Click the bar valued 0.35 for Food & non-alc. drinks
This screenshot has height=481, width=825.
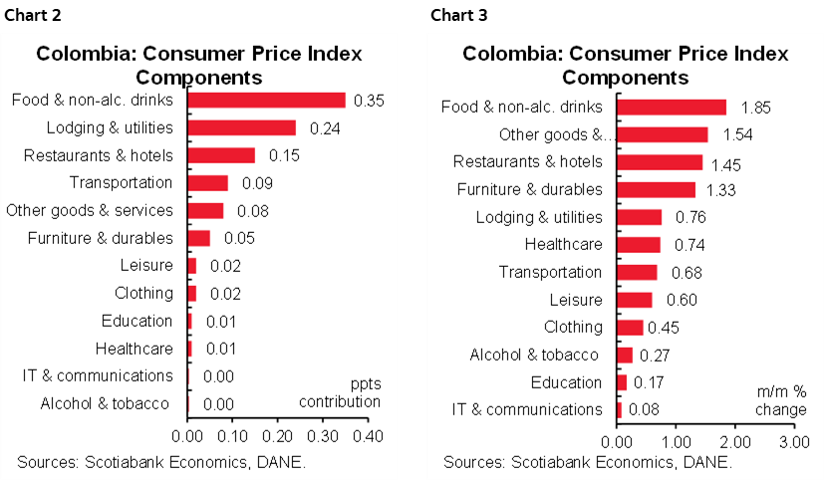click(x=266, y=100)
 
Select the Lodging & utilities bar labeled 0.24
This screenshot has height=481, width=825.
click(x=241, y=127)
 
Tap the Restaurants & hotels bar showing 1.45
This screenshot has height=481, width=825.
click(x=660, y=162)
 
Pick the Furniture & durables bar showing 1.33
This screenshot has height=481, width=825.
click(x=656, y=189)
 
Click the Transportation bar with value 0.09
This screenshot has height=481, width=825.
click(x=207, y=183)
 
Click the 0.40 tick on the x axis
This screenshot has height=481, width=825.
click(x=368, y=436)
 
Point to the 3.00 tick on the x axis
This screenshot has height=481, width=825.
click(x=793, y=441)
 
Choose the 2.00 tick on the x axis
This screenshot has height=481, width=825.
click(x=734, y=441)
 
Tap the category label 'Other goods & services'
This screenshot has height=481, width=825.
click(x=90, y=210)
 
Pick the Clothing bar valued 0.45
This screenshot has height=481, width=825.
click(x=630, y=328)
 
